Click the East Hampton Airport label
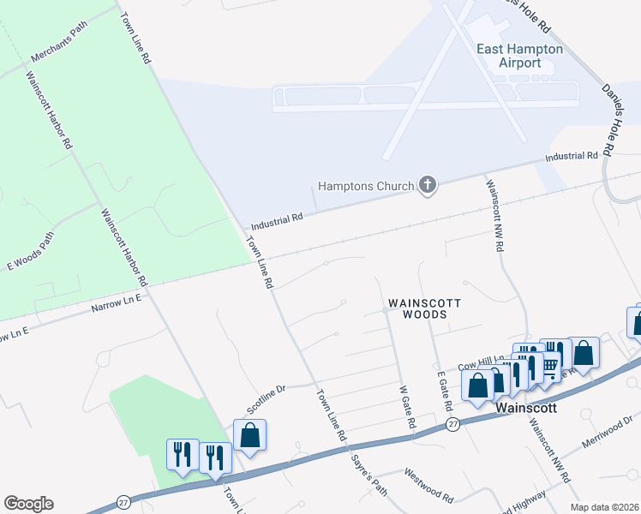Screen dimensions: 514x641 [519, 56]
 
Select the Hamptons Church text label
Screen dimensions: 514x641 [366, 186]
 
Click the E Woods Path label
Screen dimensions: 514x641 [31, 250]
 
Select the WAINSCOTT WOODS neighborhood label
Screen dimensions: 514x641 [425, 308]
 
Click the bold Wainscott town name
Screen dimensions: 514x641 [527, 409]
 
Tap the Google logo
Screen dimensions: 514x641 [28, 504]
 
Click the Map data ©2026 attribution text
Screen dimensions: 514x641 [603, 507]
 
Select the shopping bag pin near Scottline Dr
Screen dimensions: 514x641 [249, 435]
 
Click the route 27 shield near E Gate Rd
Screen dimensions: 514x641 [452, 423]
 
